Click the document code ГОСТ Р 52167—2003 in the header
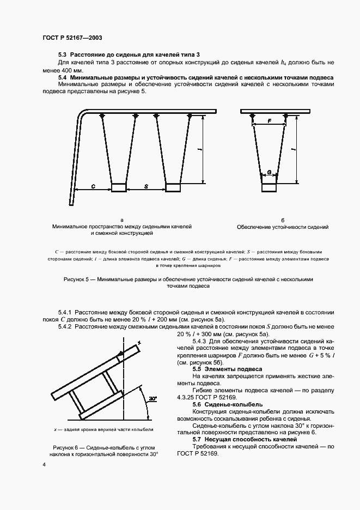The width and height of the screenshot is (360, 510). click(72, 38)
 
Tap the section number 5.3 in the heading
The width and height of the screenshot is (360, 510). click(62, 56)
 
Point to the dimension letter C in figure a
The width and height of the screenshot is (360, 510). click(93, 187)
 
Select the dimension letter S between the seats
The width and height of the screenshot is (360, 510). click(146, 187)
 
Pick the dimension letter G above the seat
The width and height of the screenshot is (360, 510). click(269, 172)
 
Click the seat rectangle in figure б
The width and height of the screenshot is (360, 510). click(269, 188)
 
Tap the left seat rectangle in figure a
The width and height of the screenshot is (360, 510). click(119, 188)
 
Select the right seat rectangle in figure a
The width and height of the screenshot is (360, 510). click(173, 188)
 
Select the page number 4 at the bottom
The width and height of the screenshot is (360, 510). click(44, 464)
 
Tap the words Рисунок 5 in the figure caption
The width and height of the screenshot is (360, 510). click(80, 279)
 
